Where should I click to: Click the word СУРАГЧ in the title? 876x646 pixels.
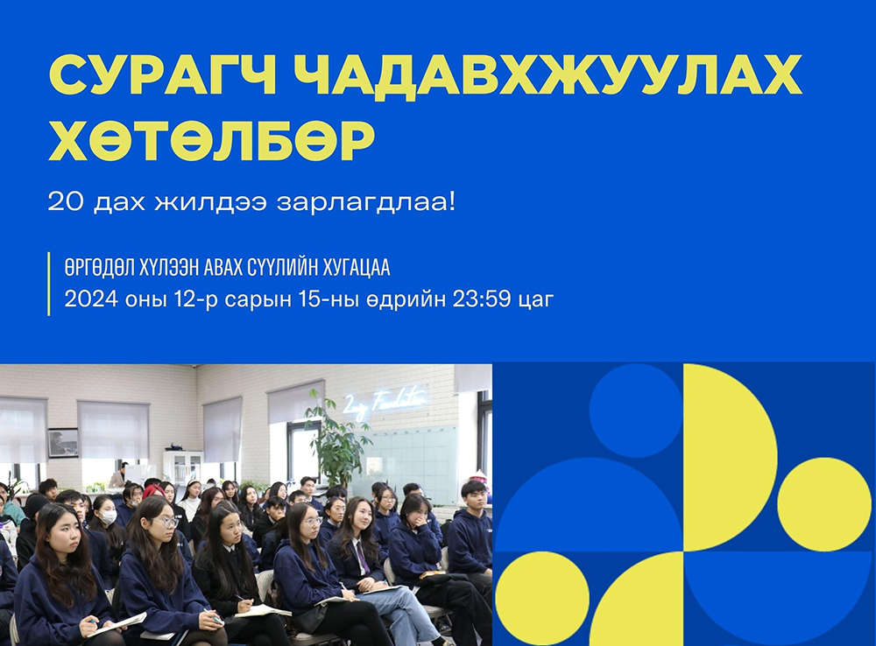click(163, 75)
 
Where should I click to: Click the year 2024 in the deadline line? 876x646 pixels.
click(91, 299)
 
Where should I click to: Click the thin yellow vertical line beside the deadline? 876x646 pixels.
click(49, 284)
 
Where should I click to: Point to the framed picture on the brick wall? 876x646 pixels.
click(63, 443)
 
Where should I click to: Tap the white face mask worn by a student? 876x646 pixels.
click(109, 518)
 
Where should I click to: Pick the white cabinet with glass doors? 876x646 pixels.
click(186, 468)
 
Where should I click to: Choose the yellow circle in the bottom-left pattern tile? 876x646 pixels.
click(542, 599)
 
